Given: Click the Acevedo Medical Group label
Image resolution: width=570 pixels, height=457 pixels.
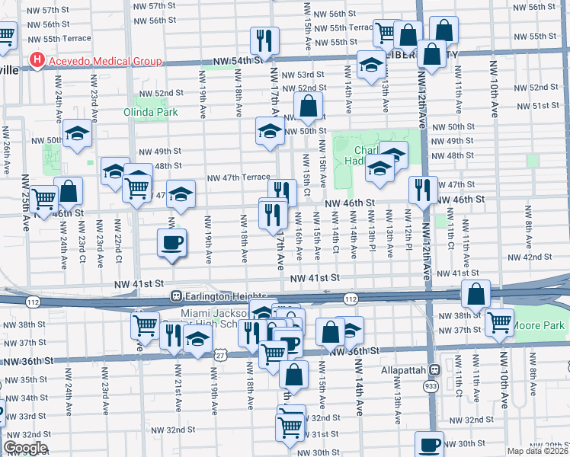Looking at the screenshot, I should click(104, 61).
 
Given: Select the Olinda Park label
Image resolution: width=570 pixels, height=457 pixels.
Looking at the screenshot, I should click(151, 112).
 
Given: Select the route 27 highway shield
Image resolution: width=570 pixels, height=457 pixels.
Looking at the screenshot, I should click(220, 355).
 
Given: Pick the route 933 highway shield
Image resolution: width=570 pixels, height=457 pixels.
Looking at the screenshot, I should click(431, 388).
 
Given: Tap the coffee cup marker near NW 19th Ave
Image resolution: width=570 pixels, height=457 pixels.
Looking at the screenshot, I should click(171, 243).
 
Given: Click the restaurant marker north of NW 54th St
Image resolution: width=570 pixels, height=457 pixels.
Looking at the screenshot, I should click(264, 39).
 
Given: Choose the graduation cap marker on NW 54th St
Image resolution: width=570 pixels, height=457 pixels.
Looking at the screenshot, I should click(371, 64).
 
